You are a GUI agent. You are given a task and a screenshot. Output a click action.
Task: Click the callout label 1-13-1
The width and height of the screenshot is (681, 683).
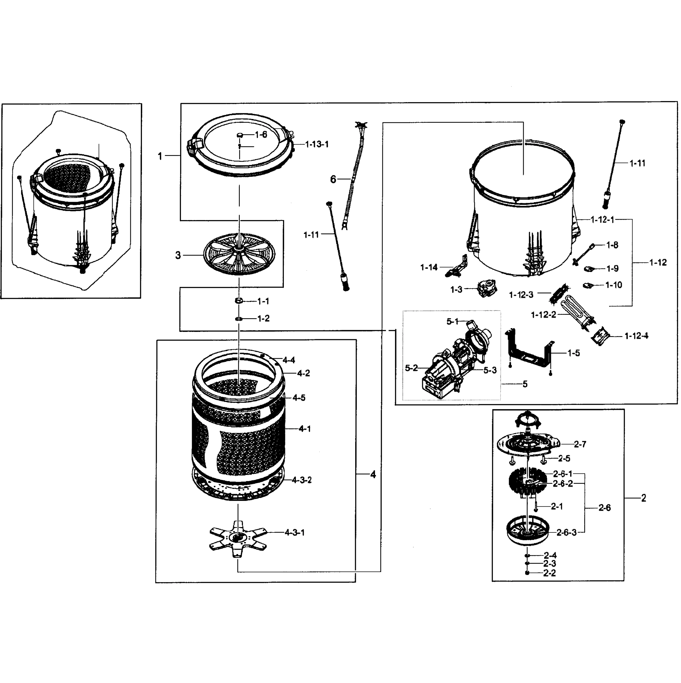coord(317,144)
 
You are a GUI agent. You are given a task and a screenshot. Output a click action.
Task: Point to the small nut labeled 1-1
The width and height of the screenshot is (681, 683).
coord(239,301)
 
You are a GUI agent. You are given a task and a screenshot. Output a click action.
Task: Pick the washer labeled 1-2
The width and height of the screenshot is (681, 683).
coord(239,318)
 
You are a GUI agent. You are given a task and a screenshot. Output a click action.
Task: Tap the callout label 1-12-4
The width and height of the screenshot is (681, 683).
coord(636,336)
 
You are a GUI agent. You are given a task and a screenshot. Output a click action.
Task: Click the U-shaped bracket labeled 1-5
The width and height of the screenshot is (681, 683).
coord(529,355)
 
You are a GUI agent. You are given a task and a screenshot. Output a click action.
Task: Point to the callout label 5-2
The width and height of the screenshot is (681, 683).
coord(411,368)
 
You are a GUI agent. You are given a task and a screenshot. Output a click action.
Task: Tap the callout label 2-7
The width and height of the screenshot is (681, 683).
coord(580,444)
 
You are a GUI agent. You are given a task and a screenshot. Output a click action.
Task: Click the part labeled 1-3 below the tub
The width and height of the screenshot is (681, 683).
coord(487,289)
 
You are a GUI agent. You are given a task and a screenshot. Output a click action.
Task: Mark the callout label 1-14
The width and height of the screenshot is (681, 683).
coord(429,268)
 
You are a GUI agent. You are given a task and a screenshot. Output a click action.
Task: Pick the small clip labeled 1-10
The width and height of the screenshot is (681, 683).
coord(589,285)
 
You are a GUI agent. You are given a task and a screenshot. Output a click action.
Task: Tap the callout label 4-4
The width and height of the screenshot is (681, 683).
coord(289,360)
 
